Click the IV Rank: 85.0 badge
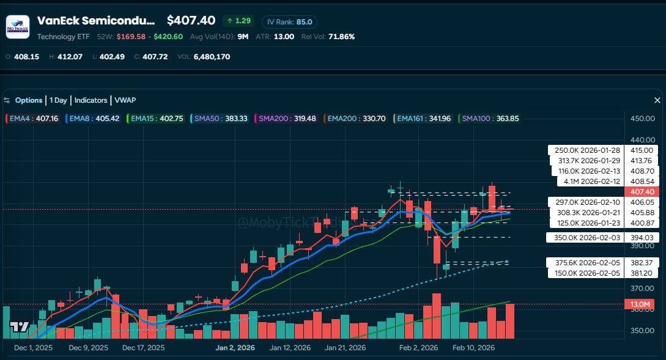(x=289, y=21)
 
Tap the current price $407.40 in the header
(x=191, y=21)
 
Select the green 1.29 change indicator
(x=239, y=21)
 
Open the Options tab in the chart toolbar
(x=28, y=100)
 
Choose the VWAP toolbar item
(x=125, y=100)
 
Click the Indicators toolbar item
(x=91, y=100)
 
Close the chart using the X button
(x=657, y=100)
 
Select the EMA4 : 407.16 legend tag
(x=33, y=119)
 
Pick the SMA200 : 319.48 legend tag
(x=287, y=119)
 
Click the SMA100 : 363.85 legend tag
(x=489, y=119)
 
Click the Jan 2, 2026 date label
(x=235, y=348)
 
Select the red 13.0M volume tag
(x=641, y=304)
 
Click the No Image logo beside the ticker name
(x=18, y=27)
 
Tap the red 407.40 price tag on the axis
(x=641, y=192)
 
